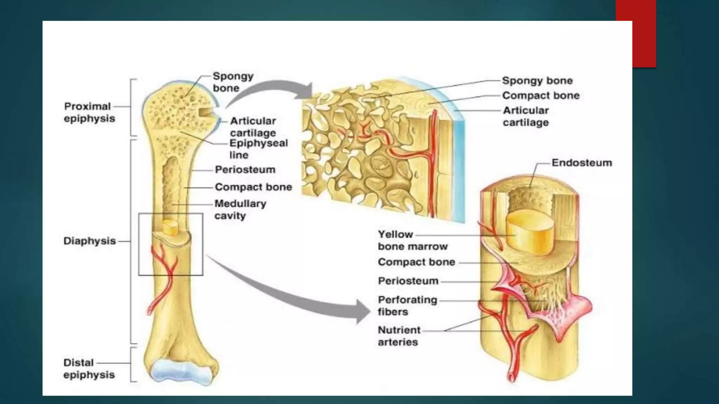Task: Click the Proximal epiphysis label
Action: point(89,112)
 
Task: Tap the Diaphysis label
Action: point(90,241)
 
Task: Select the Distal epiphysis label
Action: point(89,369)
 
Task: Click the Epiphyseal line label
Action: point(258,149)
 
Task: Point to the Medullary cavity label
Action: point(240,209)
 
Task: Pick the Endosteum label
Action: point(581,163)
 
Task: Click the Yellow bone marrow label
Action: point(413,240)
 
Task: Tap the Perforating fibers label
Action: point(407,306)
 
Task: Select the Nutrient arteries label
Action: point(399,336)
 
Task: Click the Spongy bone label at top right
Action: point(537,81)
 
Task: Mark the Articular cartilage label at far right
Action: point(526,116)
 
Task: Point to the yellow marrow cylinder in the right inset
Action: point(530,231)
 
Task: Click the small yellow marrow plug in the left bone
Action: point(170,227)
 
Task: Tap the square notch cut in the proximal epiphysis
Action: point(205,112)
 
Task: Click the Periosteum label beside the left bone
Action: point(245,170)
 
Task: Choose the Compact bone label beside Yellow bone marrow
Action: point(416,262)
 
